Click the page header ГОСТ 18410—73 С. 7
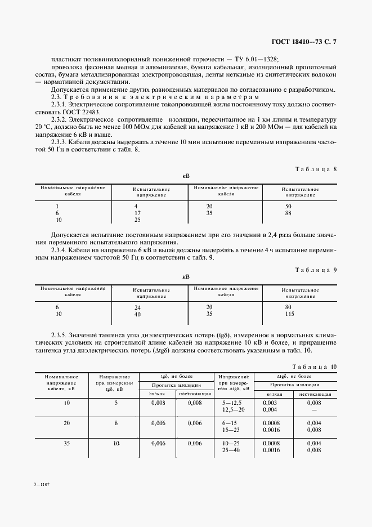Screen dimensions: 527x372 click(x=304, y=42)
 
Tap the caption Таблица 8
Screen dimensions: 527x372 click(x=316, y=168)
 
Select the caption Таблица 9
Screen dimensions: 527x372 click(x=316, y=270)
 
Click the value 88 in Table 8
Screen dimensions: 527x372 click(x=289, y=213)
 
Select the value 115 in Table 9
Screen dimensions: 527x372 click(x=290, y=314)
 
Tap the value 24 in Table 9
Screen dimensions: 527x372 click(x=137, y=307)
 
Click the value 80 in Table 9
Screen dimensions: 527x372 click(x=289, y=307)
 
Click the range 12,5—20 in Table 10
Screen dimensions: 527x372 click(x=233, y=410)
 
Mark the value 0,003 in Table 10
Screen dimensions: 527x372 click(x=270, y=403)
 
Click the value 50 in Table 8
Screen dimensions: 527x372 click(x=289, y=206)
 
